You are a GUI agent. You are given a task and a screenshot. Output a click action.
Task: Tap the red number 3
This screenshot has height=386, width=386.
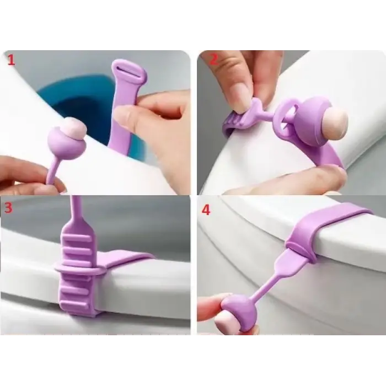9,208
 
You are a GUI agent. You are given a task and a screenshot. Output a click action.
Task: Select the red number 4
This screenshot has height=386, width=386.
206,211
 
